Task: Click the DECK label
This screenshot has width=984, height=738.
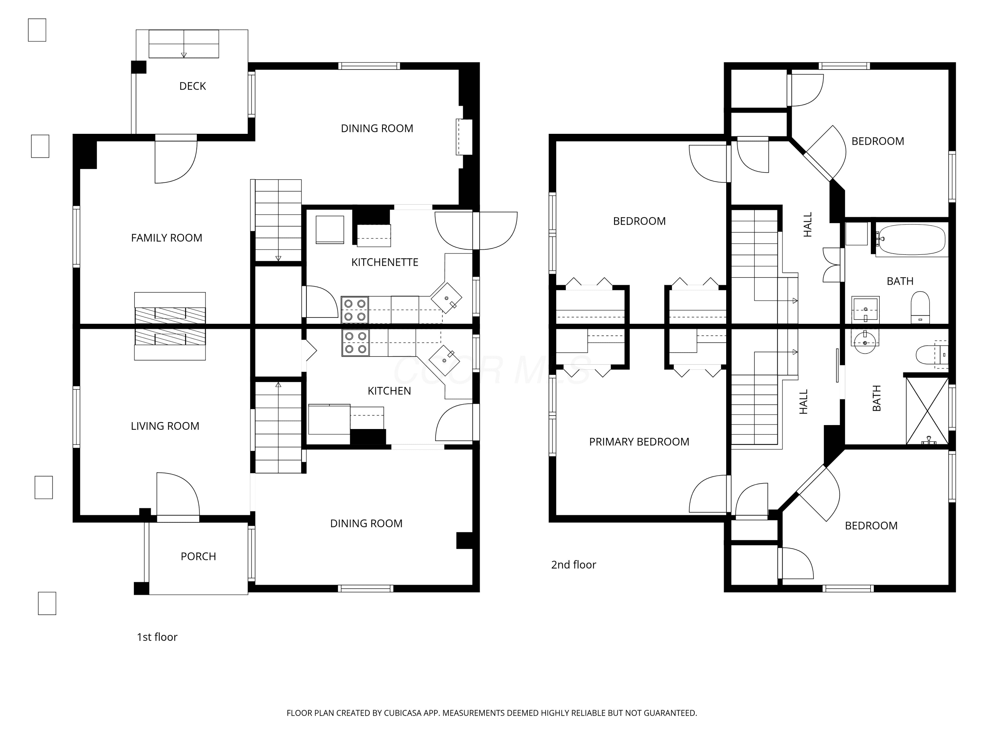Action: point(192,86)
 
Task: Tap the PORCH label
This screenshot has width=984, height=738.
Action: point(198,557)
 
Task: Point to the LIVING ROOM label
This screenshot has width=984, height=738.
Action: point(165,426)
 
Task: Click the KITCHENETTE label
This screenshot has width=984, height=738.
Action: point(385,262)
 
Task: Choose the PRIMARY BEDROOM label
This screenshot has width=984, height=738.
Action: point(639,442)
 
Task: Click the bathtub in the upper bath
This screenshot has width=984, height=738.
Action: point(911,240)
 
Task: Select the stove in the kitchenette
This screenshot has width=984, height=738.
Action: point(355,310)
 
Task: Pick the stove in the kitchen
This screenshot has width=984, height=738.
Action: point(356,342)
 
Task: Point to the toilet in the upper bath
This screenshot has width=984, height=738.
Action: point(920,307)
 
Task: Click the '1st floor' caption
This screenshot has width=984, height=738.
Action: point(157,637)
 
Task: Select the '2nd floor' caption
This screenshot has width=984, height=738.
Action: point(573,564)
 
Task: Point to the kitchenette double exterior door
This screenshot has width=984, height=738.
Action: point(476,231)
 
